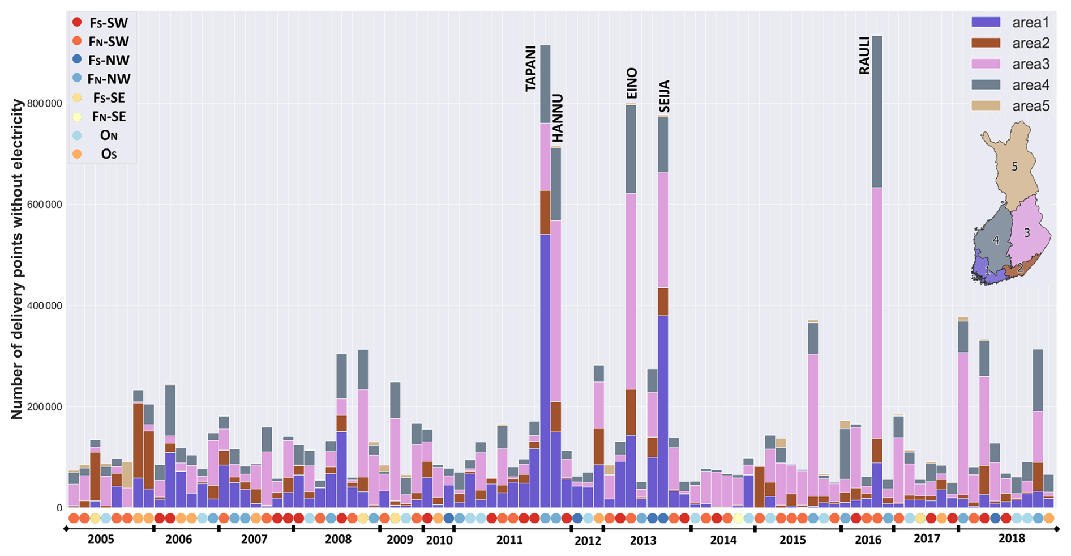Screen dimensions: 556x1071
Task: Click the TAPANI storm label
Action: click(x=530, y=69)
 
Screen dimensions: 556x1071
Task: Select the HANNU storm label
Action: click(x=558, y=118)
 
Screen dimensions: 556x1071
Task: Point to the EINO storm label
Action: click(x=632, y=83)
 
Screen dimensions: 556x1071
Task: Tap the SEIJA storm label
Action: click(x=665, y=96)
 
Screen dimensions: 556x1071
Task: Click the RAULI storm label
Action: click(x=864, y=56)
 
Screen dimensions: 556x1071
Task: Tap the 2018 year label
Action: click(x=1012, y=538)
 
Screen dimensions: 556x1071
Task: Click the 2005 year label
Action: click(x=101, y=539)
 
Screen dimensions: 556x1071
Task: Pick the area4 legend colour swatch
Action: click(x=986, y=85)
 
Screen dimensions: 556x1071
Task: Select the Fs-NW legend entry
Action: click(x=109, y=61)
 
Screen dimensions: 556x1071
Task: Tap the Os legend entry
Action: click(x=109, y=154)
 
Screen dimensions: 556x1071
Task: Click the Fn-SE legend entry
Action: click(x=109, y=117)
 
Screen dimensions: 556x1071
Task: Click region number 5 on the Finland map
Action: click(x=1014, y=167)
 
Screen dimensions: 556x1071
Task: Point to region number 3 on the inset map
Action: click(x=1026, y=233)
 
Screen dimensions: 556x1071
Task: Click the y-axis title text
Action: click(x=17, y=259)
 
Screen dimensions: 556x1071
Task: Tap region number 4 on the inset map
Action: click(x=996, y=240)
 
